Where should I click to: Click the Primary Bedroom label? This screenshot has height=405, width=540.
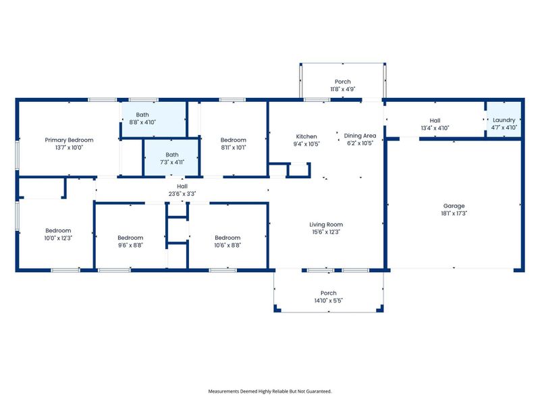click(69, 140)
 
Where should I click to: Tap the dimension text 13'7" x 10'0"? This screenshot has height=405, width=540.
click(69, 146)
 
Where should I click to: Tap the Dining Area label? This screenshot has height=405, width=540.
click(360, 136)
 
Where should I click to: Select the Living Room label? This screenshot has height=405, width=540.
click(326, 225)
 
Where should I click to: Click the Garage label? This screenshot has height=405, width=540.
click(454, 206)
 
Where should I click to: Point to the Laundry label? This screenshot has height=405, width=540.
click(504, 120)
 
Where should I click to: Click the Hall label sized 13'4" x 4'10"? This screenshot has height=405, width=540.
click(435, 120)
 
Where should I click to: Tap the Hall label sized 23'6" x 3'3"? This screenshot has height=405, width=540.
click(182, 186)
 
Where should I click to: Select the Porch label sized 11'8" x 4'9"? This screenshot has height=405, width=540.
click(343, 82)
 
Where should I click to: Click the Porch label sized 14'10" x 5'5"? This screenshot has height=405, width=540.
click(328, 293)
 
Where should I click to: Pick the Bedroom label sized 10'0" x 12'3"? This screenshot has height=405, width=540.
click(58, 230)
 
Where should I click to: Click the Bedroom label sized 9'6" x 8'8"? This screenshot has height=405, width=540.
click(130, 238)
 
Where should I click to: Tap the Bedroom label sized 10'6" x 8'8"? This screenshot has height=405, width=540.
click(227, 238)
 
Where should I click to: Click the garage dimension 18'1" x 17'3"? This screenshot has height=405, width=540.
click(454, 213)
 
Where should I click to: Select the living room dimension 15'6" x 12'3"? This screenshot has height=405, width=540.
click(326, 232)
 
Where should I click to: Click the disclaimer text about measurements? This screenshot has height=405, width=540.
click(269, 391)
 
